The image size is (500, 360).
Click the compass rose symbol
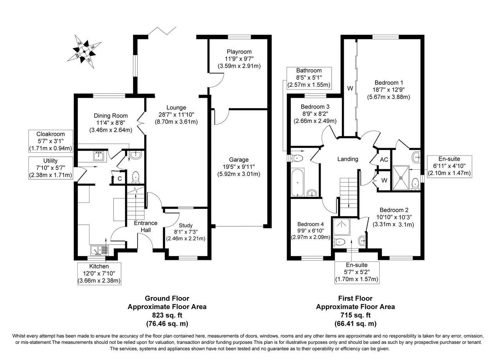[x=84, y=52]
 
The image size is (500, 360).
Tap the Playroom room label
[x=239, y=52]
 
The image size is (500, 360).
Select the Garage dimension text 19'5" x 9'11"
[x=239, y=167]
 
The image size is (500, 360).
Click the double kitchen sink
[x=100, y=250]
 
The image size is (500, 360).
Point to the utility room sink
[x=98, y=156]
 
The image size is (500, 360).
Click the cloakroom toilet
[x=135, y=177]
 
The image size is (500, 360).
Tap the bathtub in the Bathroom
[x=297, y=182]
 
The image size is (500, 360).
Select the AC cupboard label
[x=384, y=160]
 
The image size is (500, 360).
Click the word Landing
[x=348, y=159]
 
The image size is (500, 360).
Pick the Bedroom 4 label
[x=311, y=224]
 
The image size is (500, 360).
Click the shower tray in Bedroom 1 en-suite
[x=401, y=178]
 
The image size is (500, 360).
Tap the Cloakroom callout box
[x=51, y=141]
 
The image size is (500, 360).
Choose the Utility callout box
[x=51, y=168]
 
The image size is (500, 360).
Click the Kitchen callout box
[x=99, y=274]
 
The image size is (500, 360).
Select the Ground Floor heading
[x=167, y=298]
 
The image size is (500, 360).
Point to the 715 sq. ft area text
[x=355, y=315]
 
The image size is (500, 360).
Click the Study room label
[x=186, y=226]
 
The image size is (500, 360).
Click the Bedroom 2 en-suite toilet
[x=339, y=242]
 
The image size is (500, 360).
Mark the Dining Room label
[x=111, y=116]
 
